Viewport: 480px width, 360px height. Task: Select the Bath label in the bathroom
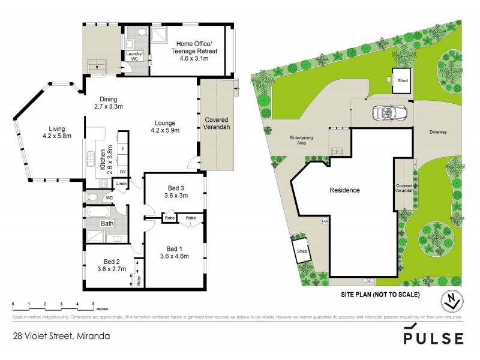tap(107, 224)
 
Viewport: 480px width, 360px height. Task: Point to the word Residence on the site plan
tap(345, 190)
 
